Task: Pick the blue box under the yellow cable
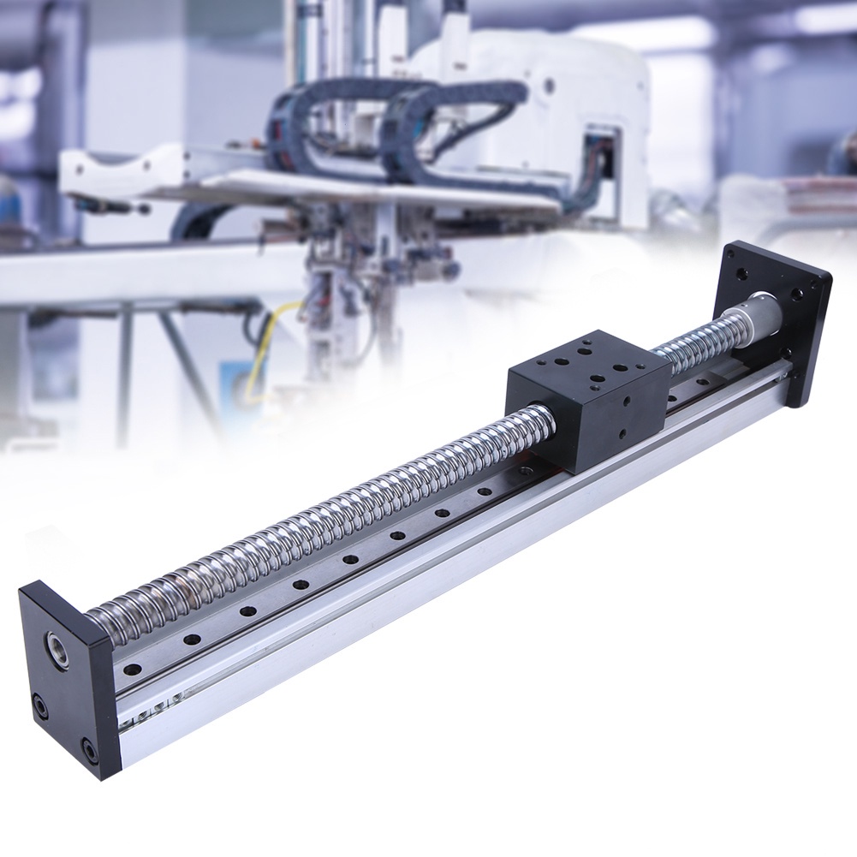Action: tap(235, 381)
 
